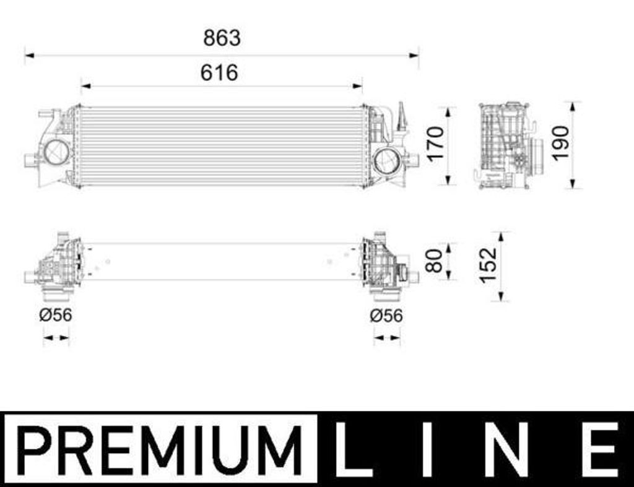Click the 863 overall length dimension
(222, 38)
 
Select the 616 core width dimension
(219, 73)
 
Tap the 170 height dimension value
(436, 144)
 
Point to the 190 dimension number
(561, 144)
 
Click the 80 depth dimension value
(434, 261)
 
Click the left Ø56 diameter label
(56, 315)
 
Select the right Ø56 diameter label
(386, 316)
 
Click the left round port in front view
(56, 152)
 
